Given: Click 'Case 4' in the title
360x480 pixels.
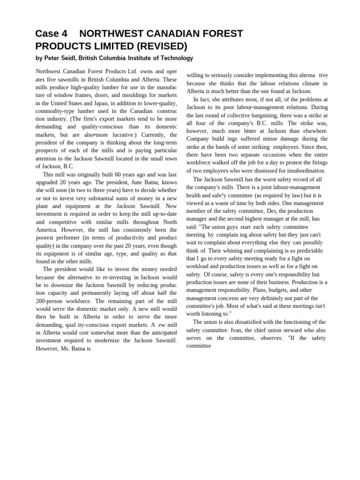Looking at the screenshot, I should coord(52,34).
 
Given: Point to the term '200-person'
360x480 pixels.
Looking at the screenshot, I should coord(50,301).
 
